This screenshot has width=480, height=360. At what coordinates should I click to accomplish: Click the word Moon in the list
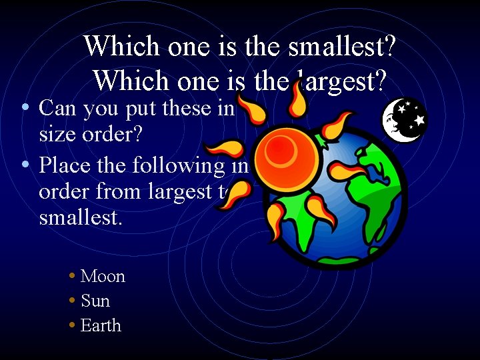pos(103,276)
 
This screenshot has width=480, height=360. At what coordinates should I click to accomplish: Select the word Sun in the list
pos(95,301)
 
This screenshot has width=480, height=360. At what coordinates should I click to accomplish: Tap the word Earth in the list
pos(101,325)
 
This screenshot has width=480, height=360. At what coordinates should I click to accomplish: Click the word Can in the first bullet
pos(57,107)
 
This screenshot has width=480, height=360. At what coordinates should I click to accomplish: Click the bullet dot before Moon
pos(71,276)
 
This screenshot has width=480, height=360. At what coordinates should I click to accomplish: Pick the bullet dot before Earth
pos(71,325)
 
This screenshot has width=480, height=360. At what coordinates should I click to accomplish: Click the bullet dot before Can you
pos(25,107)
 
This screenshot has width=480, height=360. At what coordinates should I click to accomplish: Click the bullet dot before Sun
pos(71,301)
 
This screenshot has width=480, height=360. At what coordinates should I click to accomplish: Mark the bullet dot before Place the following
pos(25,163)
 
